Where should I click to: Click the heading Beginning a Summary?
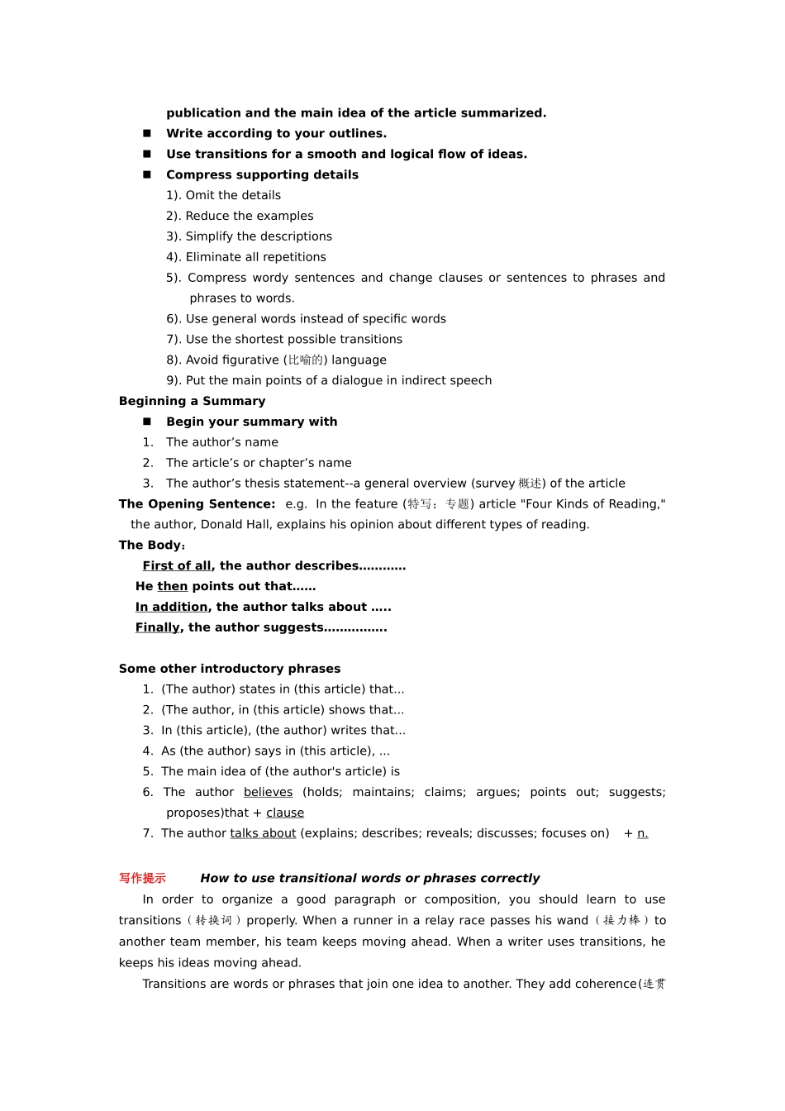(x=192, y=401)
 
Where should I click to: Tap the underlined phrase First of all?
(x=176, y=566)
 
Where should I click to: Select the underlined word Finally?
(x=157, y=627)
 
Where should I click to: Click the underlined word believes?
(x=268, y=792)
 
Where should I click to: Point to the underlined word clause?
(x=285, y=813)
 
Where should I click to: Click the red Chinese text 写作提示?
(x=142, y=878)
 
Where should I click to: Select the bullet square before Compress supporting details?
(x=147, y=174)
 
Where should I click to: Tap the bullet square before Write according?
(x=147, y=133)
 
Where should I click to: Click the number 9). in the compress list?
(x=174, y=380)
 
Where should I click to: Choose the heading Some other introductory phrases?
(x=229, y=669)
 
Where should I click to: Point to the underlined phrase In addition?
(x=171, y=607)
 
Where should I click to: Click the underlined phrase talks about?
(x=263, y=833)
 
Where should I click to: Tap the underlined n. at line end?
(x=642, y=833)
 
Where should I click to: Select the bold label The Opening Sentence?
(x=197, y=504)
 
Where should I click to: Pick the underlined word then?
(x=172, y=586)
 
